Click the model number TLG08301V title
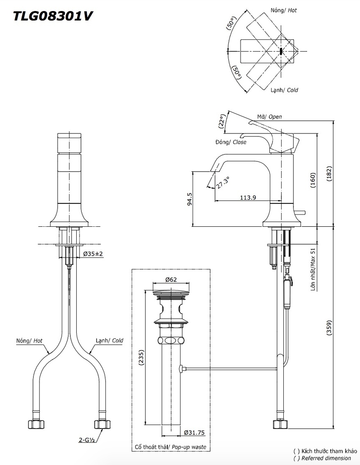tap(53, 16)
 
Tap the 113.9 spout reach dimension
tap(248, 198)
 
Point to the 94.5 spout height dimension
tap(190, 199)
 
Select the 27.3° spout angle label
tap(222, 183)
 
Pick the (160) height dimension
tap(313, 180)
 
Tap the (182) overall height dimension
tap(330, 174)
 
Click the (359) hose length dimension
tap(330, 327)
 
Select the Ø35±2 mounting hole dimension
tap(93, 254)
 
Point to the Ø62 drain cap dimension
tap(171, 279)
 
